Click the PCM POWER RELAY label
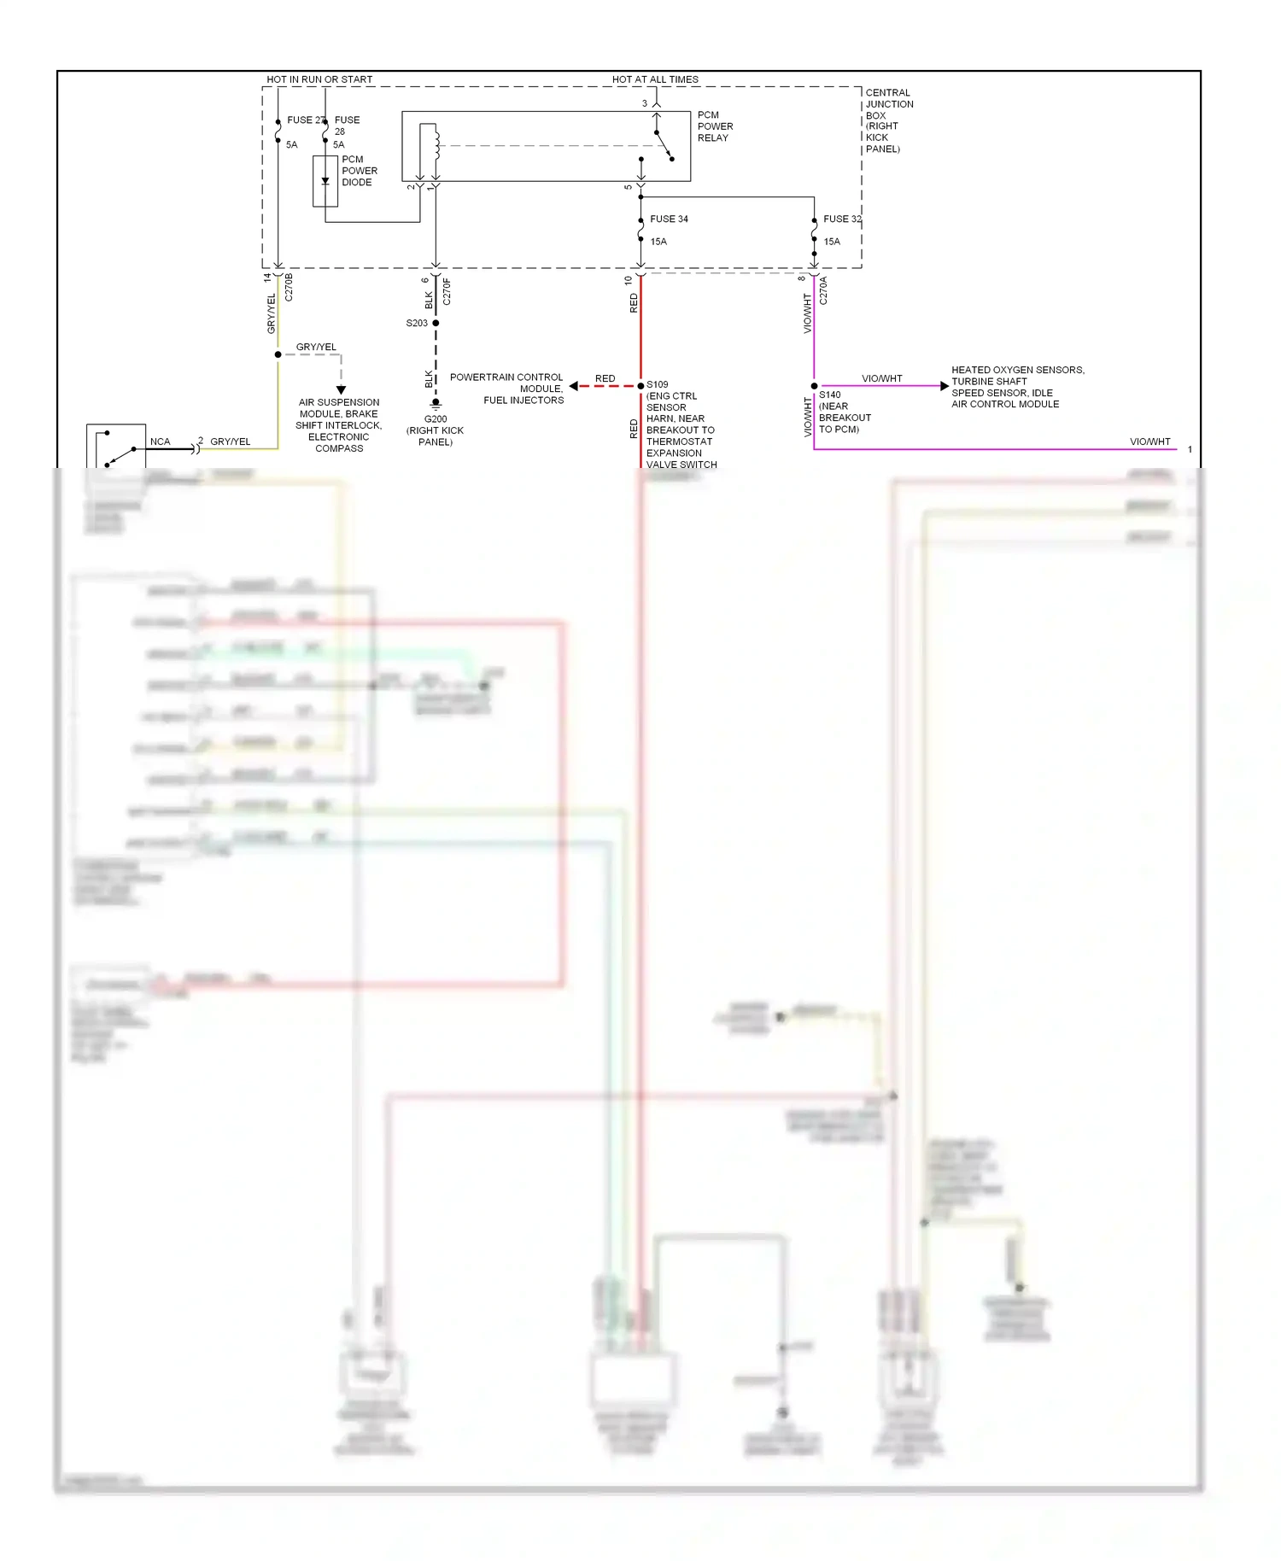714,126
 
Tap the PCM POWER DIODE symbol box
325,181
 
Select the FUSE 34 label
669,219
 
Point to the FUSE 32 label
841,219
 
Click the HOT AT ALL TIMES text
655,79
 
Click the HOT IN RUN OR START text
319,79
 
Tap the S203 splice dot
436,324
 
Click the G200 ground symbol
436,403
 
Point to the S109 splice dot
640,386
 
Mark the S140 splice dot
814,386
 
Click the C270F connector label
447,291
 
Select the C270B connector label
289,287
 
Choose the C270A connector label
823,290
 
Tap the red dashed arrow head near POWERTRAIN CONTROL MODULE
574,386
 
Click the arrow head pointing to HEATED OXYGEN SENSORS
944,386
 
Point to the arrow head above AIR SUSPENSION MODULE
341,389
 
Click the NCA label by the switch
160,441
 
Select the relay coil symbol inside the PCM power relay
435,143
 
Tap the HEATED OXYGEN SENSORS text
1017,370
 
